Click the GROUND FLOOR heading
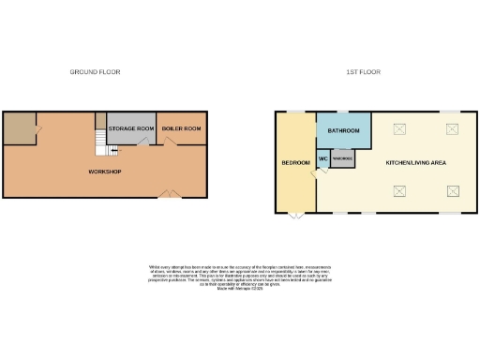96,72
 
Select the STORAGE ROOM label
131,128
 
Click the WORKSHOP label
104,172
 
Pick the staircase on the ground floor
100,142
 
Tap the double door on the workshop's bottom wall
168,194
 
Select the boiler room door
170,142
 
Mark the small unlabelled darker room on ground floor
19,128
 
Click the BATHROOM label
344,131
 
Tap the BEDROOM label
296,163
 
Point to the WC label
322,158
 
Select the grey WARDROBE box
342,159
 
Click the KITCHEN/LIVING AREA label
415,163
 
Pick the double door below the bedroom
295,217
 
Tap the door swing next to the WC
325,171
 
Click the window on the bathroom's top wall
344,112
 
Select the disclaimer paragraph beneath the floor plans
240,277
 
